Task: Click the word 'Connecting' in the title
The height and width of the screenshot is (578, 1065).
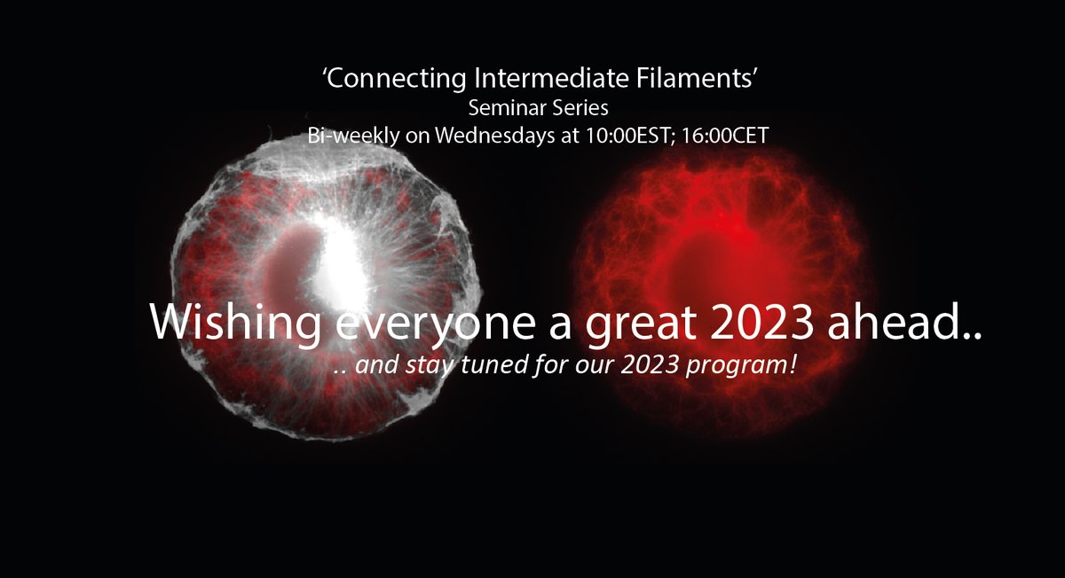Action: (x=396, y=79)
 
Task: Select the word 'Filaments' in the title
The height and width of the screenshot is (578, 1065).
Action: (x=694, y=78)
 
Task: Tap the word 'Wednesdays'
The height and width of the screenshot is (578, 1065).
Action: (x=495, y=136)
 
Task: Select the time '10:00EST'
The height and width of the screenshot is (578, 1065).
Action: (x=631, y=136)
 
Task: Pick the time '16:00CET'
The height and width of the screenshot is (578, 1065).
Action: (x=725, y=136)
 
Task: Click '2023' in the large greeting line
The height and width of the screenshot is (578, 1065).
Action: (x=761, y=322)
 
